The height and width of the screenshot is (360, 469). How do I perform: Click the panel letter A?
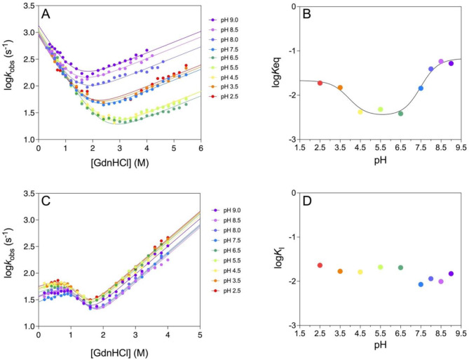(46, 14)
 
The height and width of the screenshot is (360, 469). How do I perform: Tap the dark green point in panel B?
(400, 113)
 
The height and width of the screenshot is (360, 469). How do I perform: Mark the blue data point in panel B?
(421, 88)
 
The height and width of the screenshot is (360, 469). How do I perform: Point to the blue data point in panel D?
(421, 284)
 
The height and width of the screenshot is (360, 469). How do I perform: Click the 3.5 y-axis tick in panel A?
(26, 7)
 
